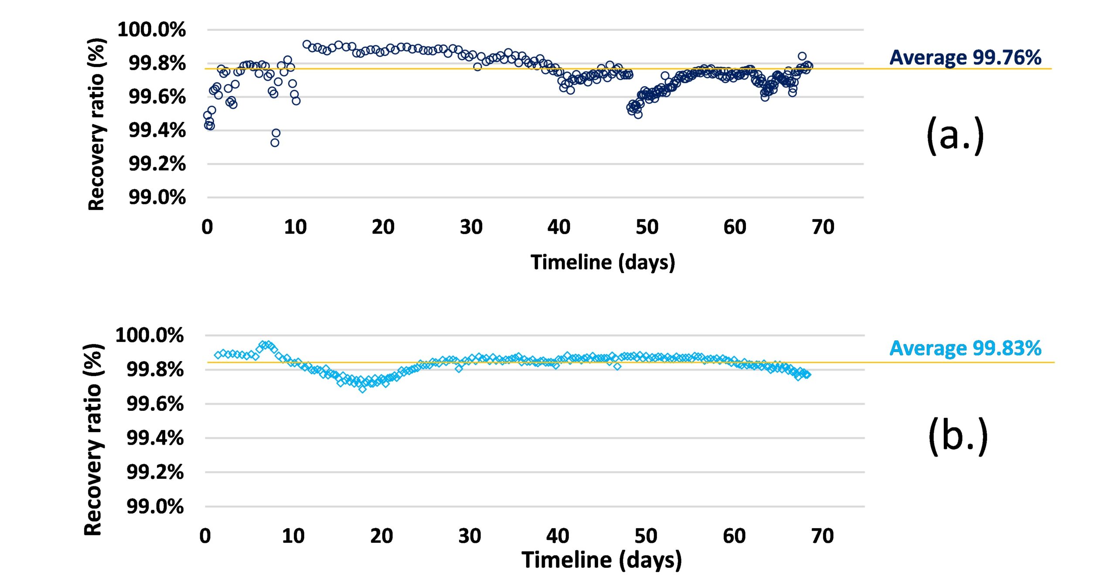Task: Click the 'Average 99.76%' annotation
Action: tap(965, 58)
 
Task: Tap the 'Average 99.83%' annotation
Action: tap(965, 348)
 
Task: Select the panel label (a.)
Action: tap(955, 135)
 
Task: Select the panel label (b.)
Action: tap(958, 436)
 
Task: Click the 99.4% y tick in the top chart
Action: tap(157, 130)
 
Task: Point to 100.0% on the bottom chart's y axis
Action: tap(150, 335)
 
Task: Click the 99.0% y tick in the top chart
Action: tap(157, 197)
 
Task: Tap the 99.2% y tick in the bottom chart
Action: tap(155, 472)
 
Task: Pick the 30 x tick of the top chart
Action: tap(471, 227)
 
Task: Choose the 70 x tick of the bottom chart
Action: tap(823, 536)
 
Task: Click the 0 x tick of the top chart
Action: tap(207, 227)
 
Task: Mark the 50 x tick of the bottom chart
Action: tap(646, 536)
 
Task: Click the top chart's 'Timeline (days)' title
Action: tap(602, 262)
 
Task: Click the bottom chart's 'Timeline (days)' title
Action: tap(602, 560)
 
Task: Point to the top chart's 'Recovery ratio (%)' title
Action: tap(96, 124)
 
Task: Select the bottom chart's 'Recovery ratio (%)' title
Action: tap(93, 439)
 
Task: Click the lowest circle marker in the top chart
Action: tap(275, 142)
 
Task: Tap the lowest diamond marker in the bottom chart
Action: tap(362, 389)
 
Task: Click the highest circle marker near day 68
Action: tap(802, 56)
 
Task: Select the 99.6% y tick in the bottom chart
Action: tap(155, 404)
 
